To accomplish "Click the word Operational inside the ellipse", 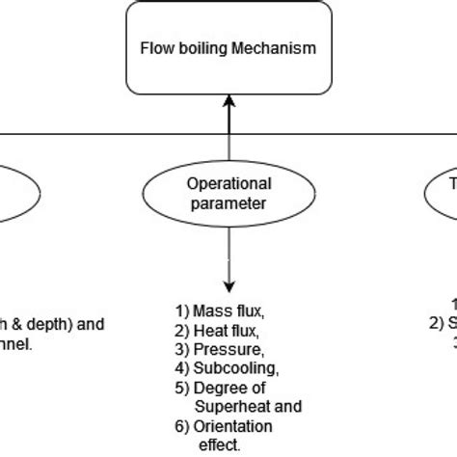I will (228, 183).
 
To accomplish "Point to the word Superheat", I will (227, 406).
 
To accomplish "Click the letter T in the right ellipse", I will (450, 183).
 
